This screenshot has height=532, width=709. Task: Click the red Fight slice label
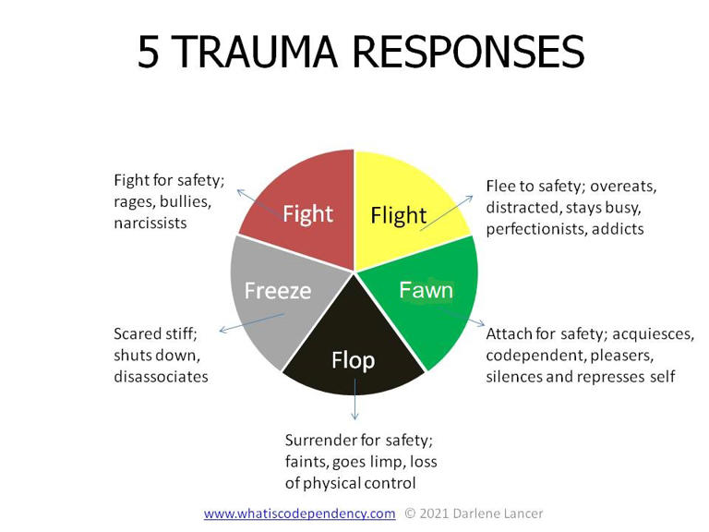tap(307, 214)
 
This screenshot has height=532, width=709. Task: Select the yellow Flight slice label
tap(398, 215)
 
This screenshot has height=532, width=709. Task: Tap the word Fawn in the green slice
tap(426, 290)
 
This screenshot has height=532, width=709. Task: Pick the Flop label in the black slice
tap(354, 359)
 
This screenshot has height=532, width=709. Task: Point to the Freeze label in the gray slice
tap(277, 291)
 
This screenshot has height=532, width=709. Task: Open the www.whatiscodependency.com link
tap(299, 513)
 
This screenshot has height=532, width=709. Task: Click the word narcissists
tap(150, 223)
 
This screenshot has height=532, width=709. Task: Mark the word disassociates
tap(161, 376)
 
